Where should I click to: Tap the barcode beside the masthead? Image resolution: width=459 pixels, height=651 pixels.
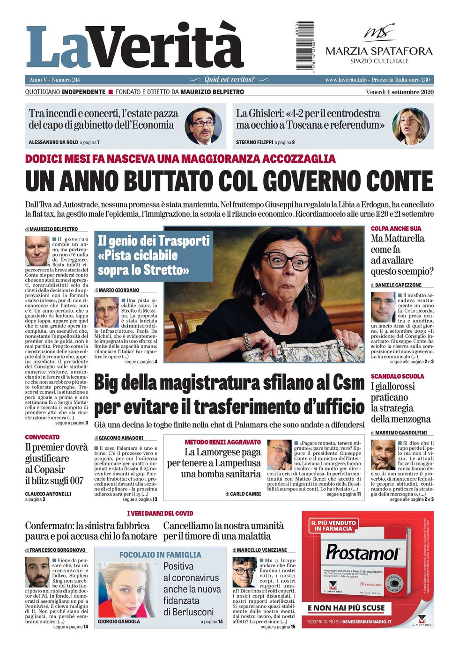[304, 46]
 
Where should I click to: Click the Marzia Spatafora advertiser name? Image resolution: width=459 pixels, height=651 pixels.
[379, 51]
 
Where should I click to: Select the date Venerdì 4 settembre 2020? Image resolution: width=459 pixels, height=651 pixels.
[400, 92]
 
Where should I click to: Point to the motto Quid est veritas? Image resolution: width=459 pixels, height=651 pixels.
[229, 80]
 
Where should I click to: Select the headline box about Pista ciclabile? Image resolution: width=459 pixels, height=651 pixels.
[154, 256]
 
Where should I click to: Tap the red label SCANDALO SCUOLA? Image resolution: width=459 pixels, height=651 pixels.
[397, 376]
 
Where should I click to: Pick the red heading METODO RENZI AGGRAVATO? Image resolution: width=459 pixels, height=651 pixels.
[222, 442]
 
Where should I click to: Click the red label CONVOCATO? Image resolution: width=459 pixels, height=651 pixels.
[42, 437]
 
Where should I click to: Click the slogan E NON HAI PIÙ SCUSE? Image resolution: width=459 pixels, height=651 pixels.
[346, 608]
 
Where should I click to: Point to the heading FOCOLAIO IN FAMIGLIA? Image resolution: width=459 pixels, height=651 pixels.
[160, 555]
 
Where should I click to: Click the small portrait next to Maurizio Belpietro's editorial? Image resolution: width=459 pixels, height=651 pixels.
[37, 251]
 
